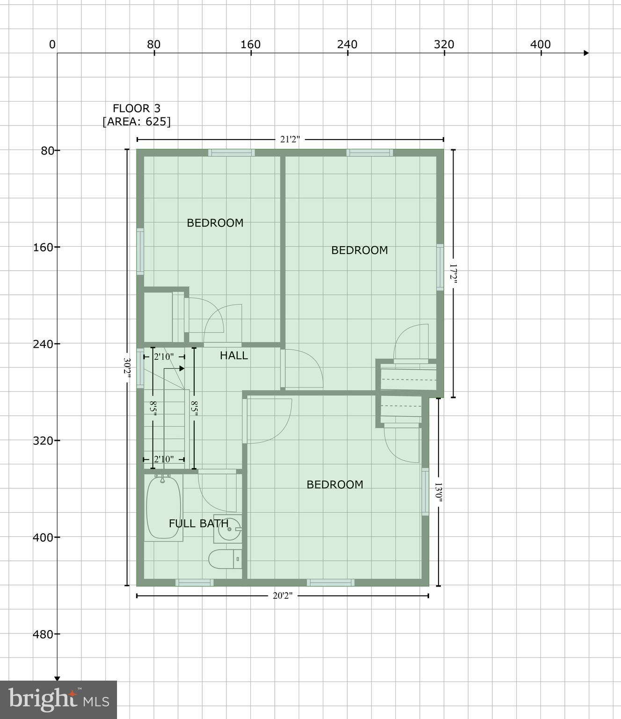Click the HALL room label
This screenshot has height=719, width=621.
tap(234, 356)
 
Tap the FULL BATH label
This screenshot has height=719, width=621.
tap(198, 523)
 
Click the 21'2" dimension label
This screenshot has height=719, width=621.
tap(290, 139)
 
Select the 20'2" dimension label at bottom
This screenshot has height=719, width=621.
tap(282, 595)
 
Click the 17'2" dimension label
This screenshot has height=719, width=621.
tap(453, 274)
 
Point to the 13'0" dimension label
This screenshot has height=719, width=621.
tap(438, 492)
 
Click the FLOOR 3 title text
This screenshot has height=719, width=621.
tap(136, 109)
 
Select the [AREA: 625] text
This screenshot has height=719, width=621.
tap(136, 122)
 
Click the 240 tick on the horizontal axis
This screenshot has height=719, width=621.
tap(347, 45)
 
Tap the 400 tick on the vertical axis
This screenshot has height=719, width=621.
tap(43, 537)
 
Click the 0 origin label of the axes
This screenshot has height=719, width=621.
tap(52, 45)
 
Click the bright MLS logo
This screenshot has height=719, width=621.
tap(58, 699)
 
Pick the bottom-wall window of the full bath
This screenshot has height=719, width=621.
tap(194, 582)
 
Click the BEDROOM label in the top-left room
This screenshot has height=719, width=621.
tap(215, 223)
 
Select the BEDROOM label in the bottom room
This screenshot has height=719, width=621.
tap(335, 484)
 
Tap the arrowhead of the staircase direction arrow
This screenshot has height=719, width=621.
tap(182, 368)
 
